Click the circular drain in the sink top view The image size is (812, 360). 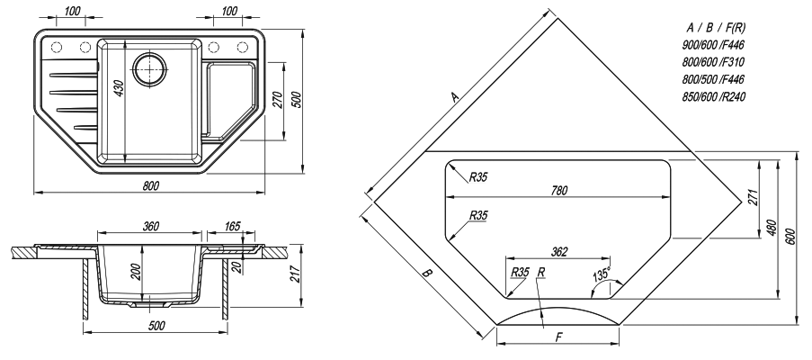coord(149,69)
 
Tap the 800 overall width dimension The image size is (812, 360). coord(150,185)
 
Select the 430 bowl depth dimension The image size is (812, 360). coord(119,90)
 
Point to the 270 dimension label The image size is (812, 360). coord(277,101)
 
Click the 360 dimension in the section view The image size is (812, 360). coord(150,226)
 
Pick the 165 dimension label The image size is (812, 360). coord(233,226)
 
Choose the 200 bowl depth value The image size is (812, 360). coord(136,271)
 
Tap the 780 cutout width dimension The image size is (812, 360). coord(558,191)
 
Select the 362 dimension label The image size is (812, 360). coord(559,252)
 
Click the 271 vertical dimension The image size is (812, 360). coord(753,197)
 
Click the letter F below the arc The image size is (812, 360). coord(558,337)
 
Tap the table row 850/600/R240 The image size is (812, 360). coord(714,97)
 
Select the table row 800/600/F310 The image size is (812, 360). coord(714,62)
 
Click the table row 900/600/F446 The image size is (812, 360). coord(714,45)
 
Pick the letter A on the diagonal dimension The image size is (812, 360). coord(455,96)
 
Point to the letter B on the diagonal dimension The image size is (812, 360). coord(427,274)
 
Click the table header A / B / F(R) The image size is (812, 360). coord(716,28)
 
